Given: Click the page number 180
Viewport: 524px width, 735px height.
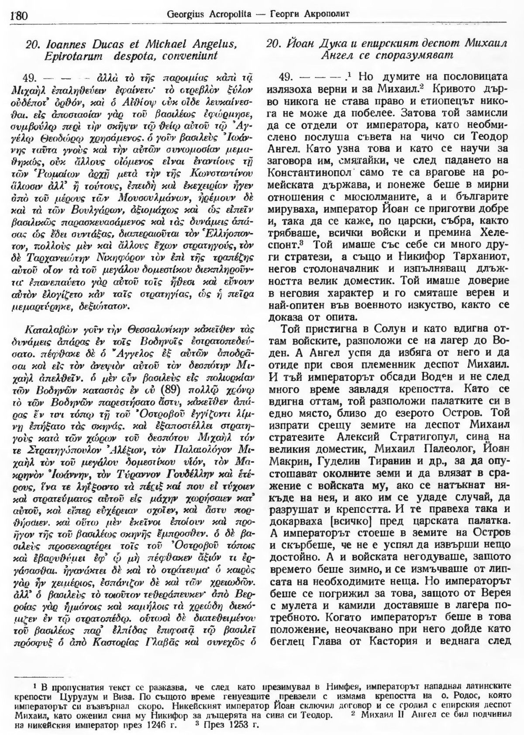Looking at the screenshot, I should tap(18, 16).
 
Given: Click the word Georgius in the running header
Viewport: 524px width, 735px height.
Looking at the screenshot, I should tap(184, 14).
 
